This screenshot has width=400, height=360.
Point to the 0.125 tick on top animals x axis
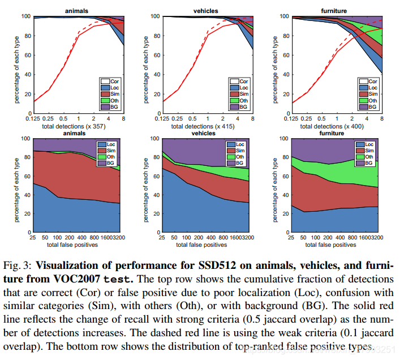click(x=34, y=119)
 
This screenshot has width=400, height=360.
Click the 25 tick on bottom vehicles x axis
click(x=163, y=238)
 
